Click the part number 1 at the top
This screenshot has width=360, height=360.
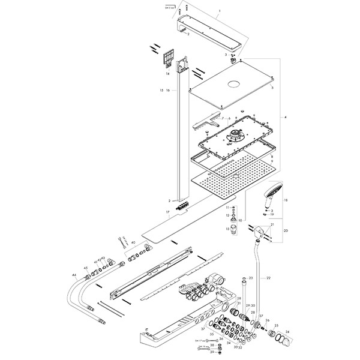[x=219, y=11]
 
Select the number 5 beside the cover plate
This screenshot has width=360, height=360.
[x=272, y=88]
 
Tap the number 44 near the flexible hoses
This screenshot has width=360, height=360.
[x=74, y=274]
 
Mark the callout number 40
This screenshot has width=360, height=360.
[x=133, y=242]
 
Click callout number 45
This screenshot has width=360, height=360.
[x=86, y=268]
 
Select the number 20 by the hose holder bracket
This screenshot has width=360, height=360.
[x=286, y=230]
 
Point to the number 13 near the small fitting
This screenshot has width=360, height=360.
[x=228, y=229]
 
